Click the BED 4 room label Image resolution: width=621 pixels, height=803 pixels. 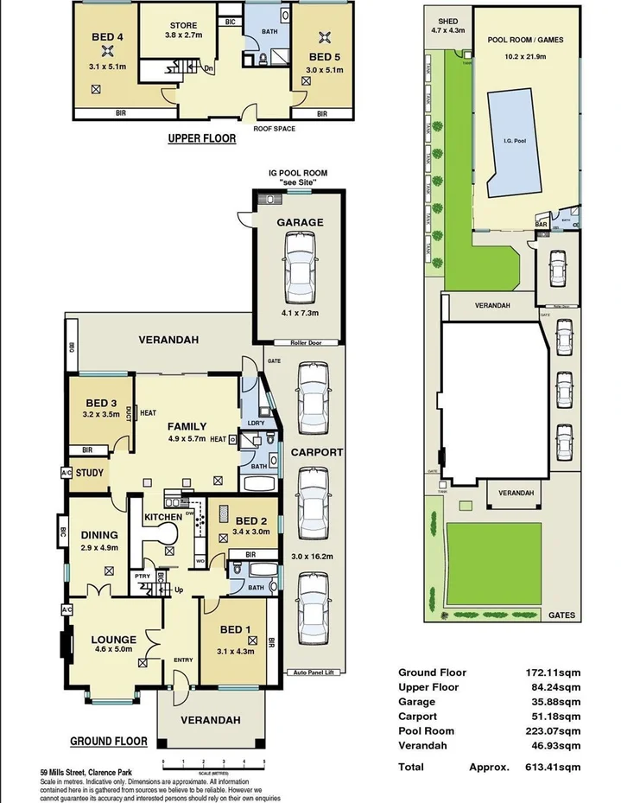(108, 37)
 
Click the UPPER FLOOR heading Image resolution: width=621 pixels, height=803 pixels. (201, 137)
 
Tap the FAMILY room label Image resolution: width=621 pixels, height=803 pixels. (187, 426)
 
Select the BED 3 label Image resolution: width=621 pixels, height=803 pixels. (101, 404)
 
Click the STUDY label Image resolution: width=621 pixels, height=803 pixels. (90, 473)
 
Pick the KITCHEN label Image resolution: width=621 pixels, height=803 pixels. (163, 517)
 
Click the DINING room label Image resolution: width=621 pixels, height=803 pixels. (98, 535)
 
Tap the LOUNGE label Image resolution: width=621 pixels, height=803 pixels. (114, 640)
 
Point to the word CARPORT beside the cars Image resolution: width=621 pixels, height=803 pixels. (316, 452)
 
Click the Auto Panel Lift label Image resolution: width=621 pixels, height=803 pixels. (316, 672)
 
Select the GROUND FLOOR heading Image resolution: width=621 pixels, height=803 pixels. (108, 741)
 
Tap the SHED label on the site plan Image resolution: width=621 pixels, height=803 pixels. (447, 21)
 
